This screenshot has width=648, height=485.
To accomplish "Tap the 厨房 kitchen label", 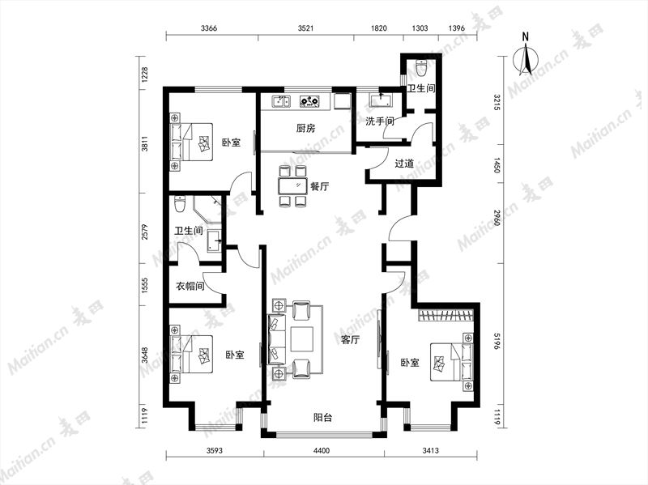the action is coord(306,129).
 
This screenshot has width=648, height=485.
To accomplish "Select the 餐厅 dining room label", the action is coord(319,186).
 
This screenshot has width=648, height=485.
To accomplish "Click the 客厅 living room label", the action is coord(350,340).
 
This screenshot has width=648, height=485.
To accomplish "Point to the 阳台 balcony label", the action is coord(322,418).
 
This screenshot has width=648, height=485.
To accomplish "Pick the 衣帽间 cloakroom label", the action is coord(190,286).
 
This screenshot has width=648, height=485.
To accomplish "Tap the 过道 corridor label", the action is coord(404,164).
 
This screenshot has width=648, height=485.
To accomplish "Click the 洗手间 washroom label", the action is coord(380,121).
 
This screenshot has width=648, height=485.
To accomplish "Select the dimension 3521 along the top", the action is coord(306,28).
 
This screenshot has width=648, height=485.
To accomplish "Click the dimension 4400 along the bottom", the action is coord(322,450).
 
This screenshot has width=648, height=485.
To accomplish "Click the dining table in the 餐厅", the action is coord(292,186).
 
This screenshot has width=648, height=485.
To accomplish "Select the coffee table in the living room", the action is coord(302,339).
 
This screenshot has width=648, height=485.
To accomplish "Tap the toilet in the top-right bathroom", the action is coord(421,69).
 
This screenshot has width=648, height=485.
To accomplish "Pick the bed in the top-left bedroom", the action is coord(191,142).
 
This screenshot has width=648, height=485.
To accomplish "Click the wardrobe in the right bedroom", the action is coord(446,315).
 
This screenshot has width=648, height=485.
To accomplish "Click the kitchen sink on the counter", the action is coord(281,100).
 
